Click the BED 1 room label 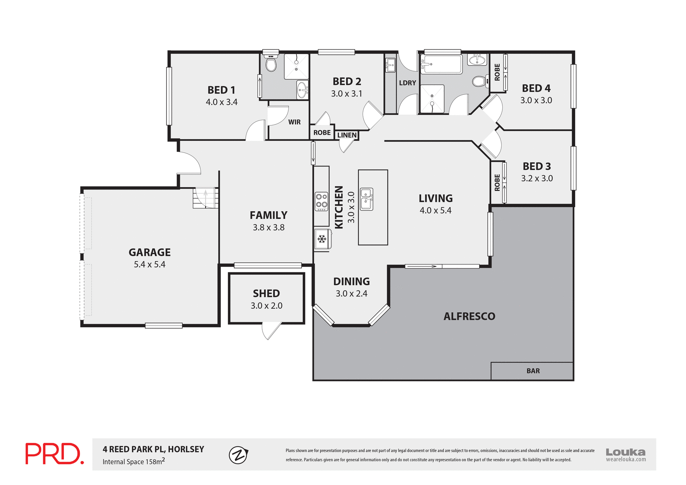[x=221, y=90]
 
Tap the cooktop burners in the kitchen [x=322, y=201]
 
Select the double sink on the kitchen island [x=367, y=199]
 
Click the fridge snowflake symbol [x=322, y=239]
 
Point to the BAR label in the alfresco [x=533, y=371]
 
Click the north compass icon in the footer [x=238, y=455]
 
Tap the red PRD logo [x=54, y=454]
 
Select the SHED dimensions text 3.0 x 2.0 [x=266, y=306]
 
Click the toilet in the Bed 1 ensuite [x=271, y=64]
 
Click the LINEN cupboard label [x=347, y=135]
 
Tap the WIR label [x=294, y=122]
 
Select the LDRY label [x=407, y=83]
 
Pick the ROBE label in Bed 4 [x=497, y=72]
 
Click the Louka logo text [x=625, y=452]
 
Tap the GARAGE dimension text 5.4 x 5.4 [x=149, y=264]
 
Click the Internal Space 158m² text [x=134, y=461]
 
